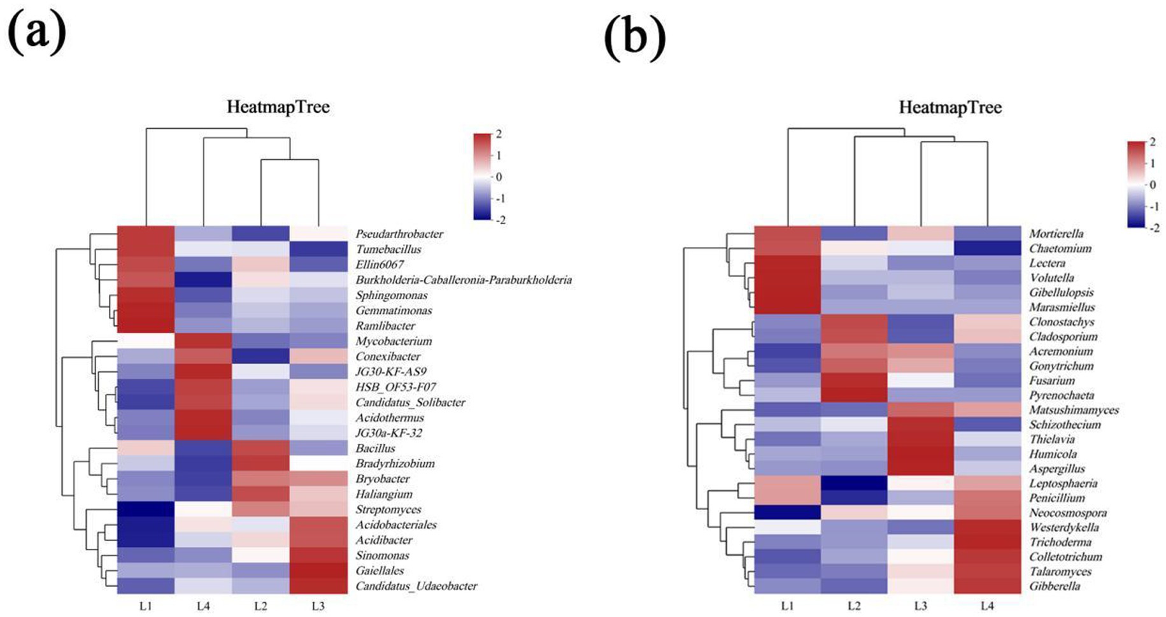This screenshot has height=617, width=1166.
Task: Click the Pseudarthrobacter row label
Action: click(399, 234)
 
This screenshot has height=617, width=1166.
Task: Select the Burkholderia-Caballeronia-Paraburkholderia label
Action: click(463, 280)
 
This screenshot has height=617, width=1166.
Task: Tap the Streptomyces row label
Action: click(388, 509)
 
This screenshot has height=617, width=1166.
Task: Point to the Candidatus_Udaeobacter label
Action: click(416, 586)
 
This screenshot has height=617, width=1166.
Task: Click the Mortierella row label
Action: click(1056, 234)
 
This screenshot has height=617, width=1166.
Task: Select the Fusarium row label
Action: click(1052, 381)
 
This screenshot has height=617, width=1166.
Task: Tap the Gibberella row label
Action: click(1055, 586)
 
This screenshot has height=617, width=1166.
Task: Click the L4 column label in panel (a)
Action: click(203, 606)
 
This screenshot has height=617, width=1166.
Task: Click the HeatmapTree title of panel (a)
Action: click(278, 107)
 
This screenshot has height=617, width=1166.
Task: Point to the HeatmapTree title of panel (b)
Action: click(950, 108)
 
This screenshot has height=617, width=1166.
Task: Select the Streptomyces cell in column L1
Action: click(146, 509)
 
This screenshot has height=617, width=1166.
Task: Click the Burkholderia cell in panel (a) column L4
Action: click(203, 280)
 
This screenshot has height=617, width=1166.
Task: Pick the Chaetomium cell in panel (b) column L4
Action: click(986, 248)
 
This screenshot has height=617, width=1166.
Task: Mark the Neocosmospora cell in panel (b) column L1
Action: click(788, 513)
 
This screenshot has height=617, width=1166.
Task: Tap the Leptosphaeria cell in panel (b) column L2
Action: click(854, 483)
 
